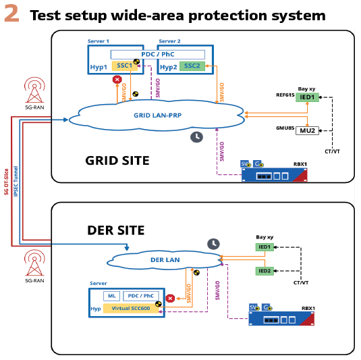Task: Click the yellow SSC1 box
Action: coord(124,66)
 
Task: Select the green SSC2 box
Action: coord(192,66)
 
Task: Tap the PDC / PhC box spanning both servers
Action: coord(158,55)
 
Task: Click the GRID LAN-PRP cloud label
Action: coord(158,115)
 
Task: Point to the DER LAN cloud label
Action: coord(165,260)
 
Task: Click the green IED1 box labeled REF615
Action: coord(307,97)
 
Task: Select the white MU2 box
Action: coord(307,130)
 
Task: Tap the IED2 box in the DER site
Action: coord(265,271)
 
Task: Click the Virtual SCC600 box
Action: coord(131,309)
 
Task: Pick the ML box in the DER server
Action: coord(111,296)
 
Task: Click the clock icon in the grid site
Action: coord(196,137)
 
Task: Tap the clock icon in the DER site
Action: coord(213,244)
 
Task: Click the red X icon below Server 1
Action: coord(117,80)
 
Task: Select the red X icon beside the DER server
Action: coord(170,299)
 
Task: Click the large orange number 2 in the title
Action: coord(11,14)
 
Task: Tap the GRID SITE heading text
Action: coord(117,161)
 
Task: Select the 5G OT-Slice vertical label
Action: coord(6,182)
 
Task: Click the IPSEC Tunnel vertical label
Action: coord(16,182)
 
